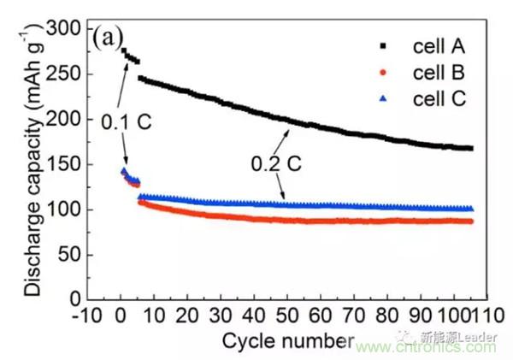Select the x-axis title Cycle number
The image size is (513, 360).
(282, 339)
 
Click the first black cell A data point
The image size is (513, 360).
(125, 50)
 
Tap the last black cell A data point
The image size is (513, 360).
(471, 148)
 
